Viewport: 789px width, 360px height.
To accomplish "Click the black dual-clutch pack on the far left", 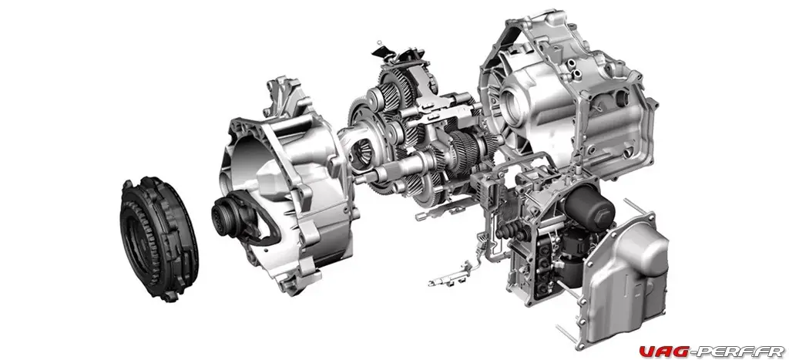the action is [x=159, y=238].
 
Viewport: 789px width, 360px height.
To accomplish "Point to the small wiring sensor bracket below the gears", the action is [x=450, y=274].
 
